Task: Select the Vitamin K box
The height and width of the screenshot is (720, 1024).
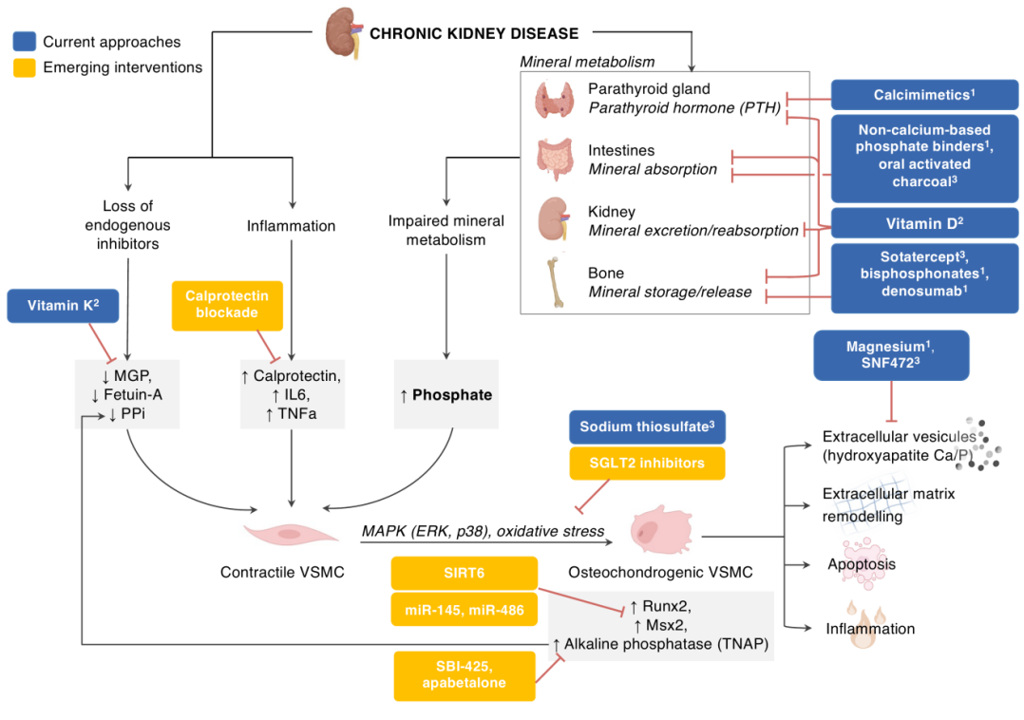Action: coord(63,305)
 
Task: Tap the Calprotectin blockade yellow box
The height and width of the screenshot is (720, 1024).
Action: coord(227,305)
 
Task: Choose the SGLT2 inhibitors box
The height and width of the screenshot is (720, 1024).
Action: coord(647,463)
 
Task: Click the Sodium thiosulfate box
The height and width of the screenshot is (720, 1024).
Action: coord(647,427)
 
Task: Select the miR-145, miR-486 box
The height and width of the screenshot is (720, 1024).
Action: coord(465,609)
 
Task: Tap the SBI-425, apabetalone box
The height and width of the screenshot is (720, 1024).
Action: coord(465,675)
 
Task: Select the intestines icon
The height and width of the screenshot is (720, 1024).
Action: coord(554,160)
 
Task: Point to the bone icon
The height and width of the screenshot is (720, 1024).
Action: coord(554,282)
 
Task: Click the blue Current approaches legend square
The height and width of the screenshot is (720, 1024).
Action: coord(25,42)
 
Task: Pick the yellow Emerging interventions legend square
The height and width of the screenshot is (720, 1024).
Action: coord(25,67)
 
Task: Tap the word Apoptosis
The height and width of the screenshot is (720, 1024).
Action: coord(861,564)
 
